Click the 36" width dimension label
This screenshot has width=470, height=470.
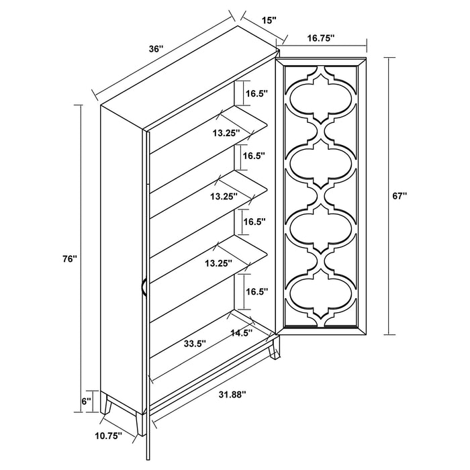[155, 49]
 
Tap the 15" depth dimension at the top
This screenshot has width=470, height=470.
[269, 21]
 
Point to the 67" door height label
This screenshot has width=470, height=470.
[400, 196]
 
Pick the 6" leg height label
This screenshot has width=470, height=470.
[85, 401]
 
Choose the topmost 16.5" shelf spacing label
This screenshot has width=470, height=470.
[256, 93]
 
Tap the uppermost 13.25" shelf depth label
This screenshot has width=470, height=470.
[225, 134]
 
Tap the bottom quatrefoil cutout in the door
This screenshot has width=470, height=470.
[324, 291]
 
